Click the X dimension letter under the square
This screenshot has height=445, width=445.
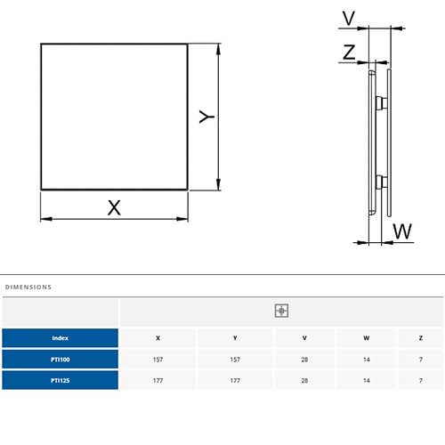(114, 207)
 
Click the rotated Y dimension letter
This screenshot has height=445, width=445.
(206, 117)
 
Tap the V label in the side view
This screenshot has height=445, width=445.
(349, 18)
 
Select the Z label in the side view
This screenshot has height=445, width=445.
(349, 53)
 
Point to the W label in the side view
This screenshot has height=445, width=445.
(402, 231)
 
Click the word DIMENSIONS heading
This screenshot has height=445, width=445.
(28, 287)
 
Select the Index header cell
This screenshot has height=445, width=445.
(60, 338)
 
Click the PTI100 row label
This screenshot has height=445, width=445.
(60, 360)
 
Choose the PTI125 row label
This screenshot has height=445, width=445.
(60, 380)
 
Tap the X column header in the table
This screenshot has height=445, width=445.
(158, 338)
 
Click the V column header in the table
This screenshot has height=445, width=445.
(304, 338)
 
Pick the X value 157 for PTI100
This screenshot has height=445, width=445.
(158, 360)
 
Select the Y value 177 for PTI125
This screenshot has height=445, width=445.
(235, 381)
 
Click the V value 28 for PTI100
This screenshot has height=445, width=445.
(304, 360)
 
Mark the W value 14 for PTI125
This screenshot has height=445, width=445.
(367, 381)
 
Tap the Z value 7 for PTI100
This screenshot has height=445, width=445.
(421, 360)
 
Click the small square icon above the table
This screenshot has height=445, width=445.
(281, 311)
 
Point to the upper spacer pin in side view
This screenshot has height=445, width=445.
(382, 103)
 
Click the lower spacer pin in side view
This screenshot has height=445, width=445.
(382, 182)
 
